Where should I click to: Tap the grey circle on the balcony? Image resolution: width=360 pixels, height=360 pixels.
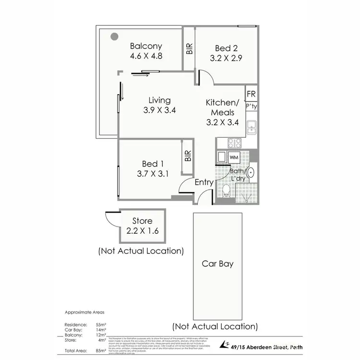coord(114,36)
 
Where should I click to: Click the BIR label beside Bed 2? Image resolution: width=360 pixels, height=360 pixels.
coord(190,48)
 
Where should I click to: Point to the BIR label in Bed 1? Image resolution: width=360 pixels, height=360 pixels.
coord(188,156)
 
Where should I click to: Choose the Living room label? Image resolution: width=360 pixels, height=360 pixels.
coord(159,100)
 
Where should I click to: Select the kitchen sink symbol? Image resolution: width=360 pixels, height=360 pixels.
coord(251,127)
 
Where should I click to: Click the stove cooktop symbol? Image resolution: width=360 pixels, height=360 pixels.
coord(234,143)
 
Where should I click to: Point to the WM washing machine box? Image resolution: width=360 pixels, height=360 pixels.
coord(234,157)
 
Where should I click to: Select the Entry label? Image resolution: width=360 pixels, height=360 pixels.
coord(204,182)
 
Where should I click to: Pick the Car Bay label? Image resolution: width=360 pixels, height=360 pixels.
coord(217,264)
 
